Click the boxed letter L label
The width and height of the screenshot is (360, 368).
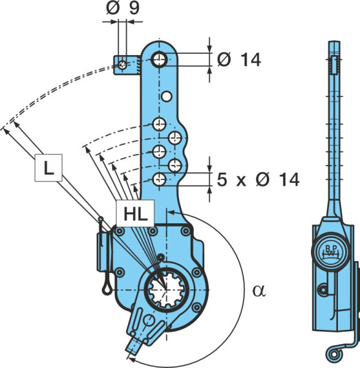[x=48, y=168]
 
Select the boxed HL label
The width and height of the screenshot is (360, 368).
[x=136, y=213]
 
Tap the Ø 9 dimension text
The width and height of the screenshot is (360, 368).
[x=123, y=8]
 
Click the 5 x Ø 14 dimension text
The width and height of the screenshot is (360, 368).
[x=258, y=180]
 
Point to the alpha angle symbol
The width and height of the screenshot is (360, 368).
[x=259, y=291]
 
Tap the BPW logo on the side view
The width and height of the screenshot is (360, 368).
[x=331, y=251]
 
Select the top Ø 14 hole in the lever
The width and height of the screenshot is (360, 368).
[x=159, y=59]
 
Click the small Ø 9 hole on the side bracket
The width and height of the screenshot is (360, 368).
[x=122, y=65]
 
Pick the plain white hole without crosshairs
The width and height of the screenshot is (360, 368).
[x=167, y=96]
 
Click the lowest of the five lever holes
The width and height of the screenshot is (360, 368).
[x=159, y=180]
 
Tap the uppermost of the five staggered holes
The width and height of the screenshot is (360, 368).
[x=159, y=124]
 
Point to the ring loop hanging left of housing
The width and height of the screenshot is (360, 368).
[x=106, y=290]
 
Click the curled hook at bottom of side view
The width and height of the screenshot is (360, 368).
[x=333, y=354]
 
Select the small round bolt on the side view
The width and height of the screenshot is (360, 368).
[x=323, y=290]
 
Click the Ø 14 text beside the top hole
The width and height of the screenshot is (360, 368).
[x=239, y=59]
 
